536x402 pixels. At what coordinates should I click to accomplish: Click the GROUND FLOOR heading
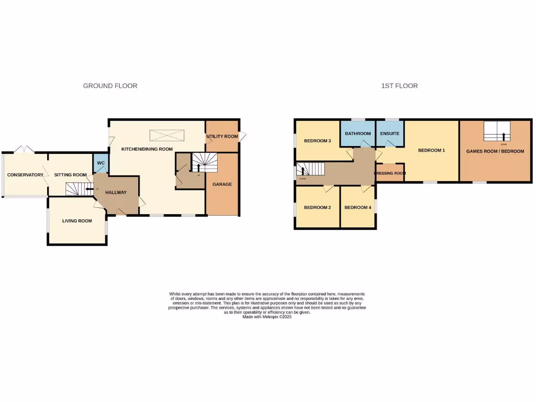coord(110,86)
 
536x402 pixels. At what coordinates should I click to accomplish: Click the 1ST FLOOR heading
coord(399,86)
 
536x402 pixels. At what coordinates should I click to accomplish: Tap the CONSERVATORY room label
coord(25,175)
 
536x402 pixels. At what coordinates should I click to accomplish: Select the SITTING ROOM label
coord(71,175)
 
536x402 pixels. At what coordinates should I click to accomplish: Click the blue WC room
coord(101,163)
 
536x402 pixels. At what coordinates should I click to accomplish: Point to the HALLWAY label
coord(116,193)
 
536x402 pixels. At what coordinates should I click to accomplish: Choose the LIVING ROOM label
coord(77,221)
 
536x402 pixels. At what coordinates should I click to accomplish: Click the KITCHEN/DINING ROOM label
coord(147,149)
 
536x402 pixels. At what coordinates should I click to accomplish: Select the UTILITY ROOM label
coord(222,137)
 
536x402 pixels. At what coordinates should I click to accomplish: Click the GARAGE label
coord(222,184)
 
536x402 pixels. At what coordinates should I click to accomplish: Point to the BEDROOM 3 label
coord(318,141)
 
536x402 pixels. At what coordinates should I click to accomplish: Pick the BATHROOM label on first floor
coord(358,134)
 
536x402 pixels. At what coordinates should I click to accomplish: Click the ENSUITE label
coord(390,134)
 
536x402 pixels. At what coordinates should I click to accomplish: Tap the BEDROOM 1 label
coord(431,151)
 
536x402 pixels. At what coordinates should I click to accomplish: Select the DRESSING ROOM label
coord(390,173)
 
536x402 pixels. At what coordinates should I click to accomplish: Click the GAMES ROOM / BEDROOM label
coord(495,151)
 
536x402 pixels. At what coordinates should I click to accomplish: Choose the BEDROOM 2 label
coord(318,208)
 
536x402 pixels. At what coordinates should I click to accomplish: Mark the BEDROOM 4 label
coord(358,208)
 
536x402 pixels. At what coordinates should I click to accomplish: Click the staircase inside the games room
coord(496,131)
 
